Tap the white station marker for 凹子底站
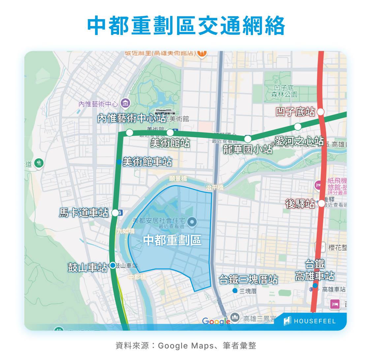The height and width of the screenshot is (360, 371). [x=321, y=112]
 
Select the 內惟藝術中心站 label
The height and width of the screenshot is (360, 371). [x=132, y=118]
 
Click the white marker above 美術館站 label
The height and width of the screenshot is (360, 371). [x=170, y=133]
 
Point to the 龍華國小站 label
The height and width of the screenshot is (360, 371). [x=248, y=149]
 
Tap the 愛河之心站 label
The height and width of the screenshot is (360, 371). [x=299, y=141]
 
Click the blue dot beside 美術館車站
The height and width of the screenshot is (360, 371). [x=119, y=162]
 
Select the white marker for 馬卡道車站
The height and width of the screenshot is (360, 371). [x=115, y=213]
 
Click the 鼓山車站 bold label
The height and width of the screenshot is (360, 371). [x=87, y=267]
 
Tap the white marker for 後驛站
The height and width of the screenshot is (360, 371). [x=321, y=204]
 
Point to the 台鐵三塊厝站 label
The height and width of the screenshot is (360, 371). [x=249, y=280]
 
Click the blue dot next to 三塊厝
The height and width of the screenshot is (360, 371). [x=235, y=291]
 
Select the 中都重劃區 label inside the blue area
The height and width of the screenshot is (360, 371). [x=172, y=240]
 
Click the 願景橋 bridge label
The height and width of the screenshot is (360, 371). [x=178, y=179]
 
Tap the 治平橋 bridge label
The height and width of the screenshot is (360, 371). [x=215, y=187]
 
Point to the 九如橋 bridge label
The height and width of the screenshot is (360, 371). [x=126, y=231]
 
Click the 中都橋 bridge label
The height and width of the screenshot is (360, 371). [x=137, y=277]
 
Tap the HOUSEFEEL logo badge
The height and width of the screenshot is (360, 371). [x=310, y=321]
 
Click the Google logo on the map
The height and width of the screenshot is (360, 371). [x=216, y=321]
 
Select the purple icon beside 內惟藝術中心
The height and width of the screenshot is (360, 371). [x=125, y=104]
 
